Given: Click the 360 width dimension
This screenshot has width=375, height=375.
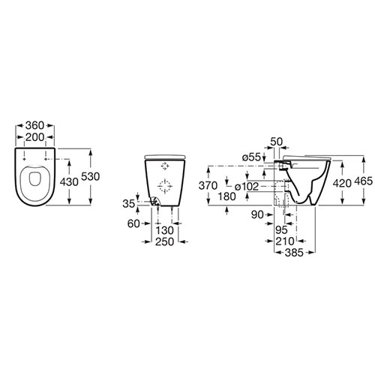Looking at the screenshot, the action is pyautogui.click(x=34, y=125).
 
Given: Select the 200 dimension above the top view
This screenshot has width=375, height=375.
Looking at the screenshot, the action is pyautogui.click(x=34, y=137).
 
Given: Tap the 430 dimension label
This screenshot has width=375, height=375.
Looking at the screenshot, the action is pyautogui.click(x=69, y=182).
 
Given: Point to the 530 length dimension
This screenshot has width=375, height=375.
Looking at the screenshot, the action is pyautogui.click(x=91, y=176).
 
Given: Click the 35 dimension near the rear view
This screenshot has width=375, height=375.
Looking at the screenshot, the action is pyautogui.click(x=129, y=204).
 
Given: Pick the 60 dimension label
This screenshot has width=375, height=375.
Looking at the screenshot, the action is pyautogui.click(x=133, y=223).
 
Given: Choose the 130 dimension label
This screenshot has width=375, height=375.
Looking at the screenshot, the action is pyautogui.click(x=164, y=230).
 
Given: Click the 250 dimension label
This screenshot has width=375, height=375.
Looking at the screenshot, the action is pyautogui.click(x=164, y=241).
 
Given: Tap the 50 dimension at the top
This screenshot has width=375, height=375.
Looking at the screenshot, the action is pyautogui.click(x=277, y=142).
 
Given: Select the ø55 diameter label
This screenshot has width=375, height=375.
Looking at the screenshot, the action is pyautogui.click(x=252, y=157).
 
